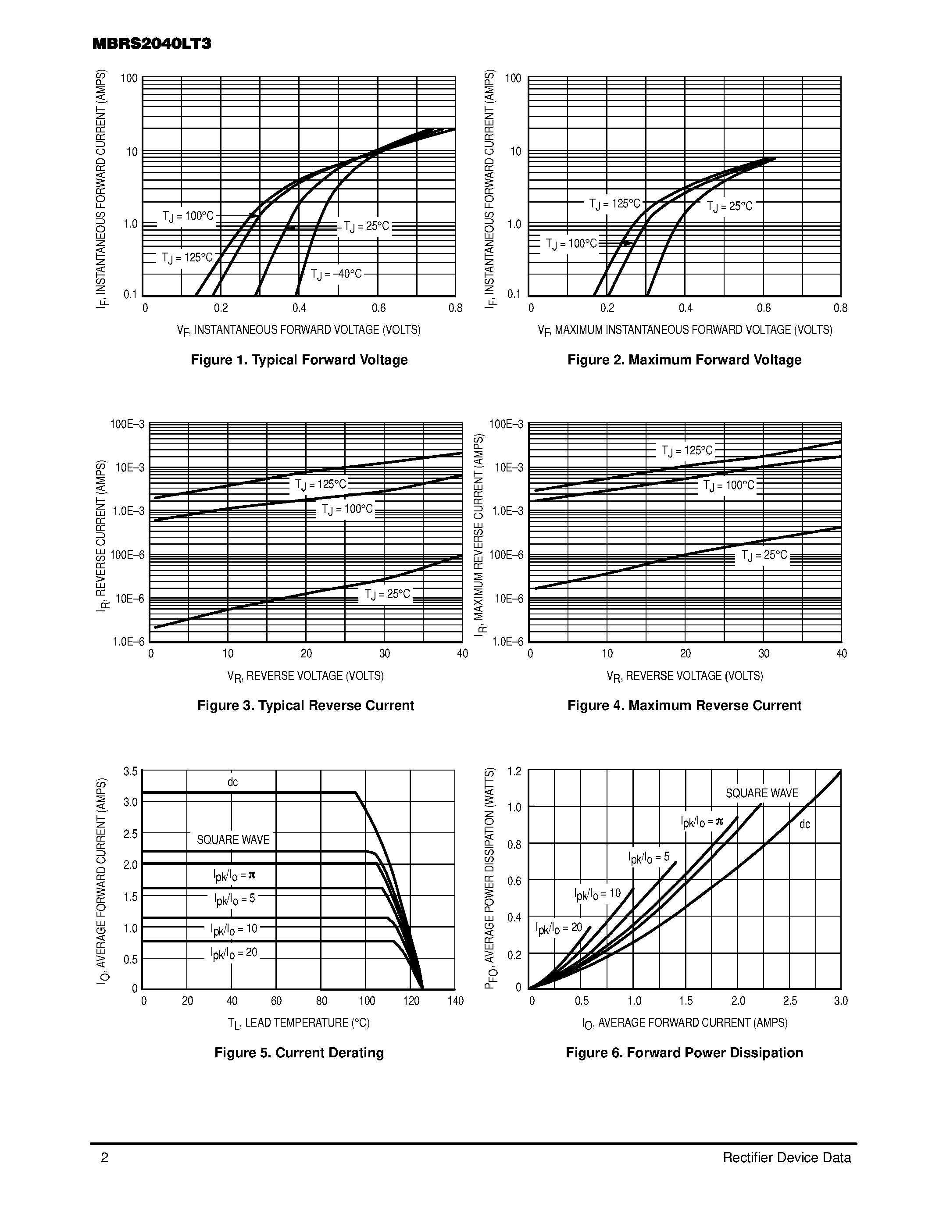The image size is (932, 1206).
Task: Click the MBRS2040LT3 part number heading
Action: [152, 44]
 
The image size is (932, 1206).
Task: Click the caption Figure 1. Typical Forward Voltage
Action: [299, 360]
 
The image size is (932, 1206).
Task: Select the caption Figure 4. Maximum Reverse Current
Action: [684, 706]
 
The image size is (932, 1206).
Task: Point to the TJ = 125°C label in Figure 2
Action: [614, 204]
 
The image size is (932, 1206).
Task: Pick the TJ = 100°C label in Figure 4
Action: [728, 486]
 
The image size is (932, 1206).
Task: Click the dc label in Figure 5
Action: [232, 782]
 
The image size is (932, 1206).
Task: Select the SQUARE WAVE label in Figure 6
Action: [761, 793]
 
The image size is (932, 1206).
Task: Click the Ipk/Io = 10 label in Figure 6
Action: [597, 894]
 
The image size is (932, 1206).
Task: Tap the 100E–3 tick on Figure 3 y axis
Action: [128, 424]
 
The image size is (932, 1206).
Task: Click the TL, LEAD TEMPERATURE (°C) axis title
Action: [299, 1023]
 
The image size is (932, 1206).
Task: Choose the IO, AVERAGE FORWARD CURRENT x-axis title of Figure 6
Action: [685, 1023]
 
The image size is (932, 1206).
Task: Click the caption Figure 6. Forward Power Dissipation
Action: [684, 1053]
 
